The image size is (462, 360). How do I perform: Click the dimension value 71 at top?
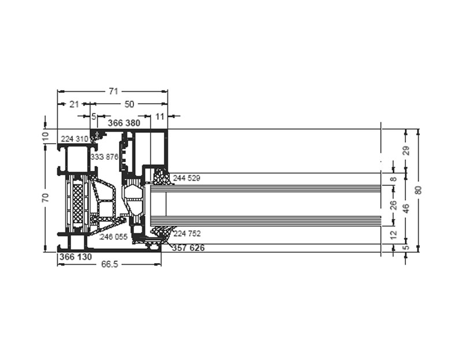click(x=113, y=91)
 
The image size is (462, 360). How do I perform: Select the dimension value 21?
click(x=74, y=104)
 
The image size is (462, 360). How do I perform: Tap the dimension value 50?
click(x=129, y=104)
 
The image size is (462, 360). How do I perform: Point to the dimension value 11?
click(x=159, y=117)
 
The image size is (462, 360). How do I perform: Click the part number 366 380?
click(x=124, y=123)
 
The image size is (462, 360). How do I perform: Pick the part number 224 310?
click(x=74, y=138)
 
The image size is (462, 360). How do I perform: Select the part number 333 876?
click(x=105, y=157)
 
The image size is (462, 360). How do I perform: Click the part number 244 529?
click(x=187, y=178)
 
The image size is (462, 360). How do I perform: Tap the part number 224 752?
click(x=187, y=234)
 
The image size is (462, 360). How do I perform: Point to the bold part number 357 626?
click(x=188, y=248)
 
